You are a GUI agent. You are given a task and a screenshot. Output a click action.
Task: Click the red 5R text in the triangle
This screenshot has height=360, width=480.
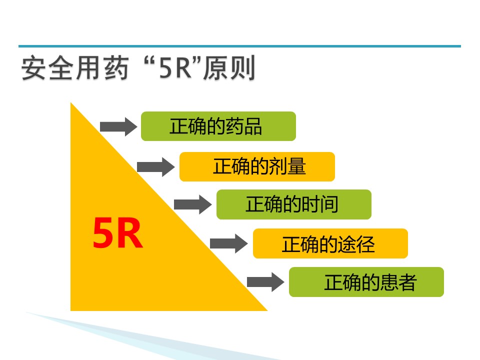118,233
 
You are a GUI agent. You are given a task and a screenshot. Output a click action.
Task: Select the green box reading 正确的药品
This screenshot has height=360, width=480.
218,126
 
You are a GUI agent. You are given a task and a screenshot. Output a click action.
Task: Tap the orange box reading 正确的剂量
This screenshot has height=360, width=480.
257,166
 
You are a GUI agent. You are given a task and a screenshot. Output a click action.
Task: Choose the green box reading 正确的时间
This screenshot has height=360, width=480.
294,204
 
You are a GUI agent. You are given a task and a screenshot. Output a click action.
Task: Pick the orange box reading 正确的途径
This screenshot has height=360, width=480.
330,243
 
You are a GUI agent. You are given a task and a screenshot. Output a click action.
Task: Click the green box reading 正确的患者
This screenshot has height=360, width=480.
366,282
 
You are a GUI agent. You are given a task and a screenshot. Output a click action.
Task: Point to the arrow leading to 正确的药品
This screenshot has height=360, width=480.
118,126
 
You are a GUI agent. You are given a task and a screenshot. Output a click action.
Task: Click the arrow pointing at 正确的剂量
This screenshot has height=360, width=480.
156,167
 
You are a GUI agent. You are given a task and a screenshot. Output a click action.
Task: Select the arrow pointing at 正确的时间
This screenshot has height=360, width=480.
192,204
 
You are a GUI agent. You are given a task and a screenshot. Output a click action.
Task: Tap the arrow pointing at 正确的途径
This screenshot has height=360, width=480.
228,243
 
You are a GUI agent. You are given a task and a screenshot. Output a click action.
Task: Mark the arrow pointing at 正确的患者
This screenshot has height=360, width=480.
265,282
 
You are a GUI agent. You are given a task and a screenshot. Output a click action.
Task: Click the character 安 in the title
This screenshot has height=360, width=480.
34,68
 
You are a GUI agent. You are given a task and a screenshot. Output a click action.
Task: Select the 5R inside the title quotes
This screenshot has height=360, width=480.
175,68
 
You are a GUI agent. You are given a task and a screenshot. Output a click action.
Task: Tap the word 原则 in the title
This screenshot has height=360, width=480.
229,68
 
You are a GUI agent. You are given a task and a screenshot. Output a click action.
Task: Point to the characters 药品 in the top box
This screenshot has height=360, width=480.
243,126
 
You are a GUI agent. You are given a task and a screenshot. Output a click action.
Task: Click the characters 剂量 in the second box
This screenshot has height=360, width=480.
287,166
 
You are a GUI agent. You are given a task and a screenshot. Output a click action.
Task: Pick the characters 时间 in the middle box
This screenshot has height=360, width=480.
319,204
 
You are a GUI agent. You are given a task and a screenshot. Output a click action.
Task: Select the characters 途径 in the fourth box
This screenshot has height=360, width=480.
356,244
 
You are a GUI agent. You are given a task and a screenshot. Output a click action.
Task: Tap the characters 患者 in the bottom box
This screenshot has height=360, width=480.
398,282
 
